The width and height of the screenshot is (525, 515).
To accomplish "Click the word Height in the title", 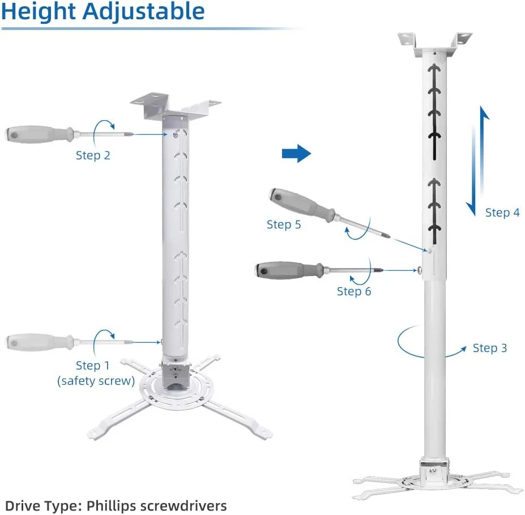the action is coord(39,12).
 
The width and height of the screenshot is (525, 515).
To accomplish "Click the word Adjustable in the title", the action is coord(144,12).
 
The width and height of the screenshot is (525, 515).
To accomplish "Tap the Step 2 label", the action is coord(93,155).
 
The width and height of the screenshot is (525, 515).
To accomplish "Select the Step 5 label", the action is coord(284,224).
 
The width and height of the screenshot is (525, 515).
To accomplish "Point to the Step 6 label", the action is coord(354,291).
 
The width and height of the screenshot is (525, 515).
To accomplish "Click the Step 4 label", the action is coord(502,212).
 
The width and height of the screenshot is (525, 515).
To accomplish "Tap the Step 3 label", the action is coord(490,348).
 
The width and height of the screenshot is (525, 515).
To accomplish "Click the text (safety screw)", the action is coord(96,381).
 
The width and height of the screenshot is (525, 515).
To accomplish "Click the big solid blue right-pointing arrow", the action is coord(296,154).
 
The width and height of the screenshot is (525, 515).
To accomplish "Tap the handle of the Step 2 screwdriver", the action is coord(39,134).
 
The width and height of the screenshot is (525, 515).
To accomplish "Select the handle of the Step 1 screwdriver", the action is coord(39,342).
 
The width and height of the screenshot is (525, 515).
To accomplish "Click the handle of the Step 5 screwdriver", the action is coord(301,204).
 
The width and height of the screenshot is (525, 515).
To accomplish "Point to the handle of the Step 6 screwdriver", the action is coord(289,270).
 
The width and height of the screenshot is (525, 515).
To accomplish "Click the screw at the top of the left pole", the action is coord(176,135).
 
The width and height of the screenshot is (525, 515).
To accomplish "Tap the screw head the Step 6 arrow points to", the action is coord(420,270).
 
